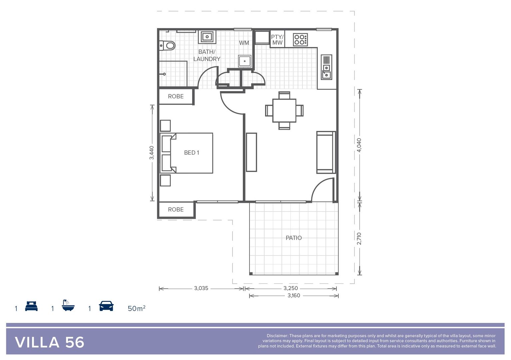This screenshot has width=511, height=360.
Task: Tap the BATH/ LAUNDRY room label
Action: point(207,55)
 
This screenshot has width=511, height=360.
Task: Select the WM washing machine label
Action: point(244,43)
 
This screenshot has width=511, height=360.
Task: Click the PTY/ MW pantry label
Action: point(277,40)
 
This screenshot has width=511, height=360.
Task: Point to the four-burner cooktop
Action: point(300,40)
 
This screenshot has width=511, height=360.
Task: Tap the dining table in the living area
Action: point(284,110)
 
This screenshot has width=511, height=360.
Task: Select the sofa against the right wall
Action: point(326,152)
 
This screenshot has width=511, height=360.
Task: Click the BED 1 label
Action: point(192,153)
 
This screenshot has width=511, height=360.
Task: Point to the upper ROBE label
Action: point(176,96)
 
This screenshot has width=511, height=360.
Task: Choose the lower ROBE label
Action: point(176,209)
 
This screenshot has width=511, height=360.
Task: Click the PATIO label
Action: point(293,238)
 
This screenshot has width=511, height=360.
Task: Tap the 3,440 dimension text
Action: point(152,153)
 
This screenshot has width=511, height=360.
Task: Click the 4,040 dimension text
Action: point(359,145)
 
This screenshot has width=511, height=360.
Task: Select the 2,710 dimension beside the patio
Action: point(359,238)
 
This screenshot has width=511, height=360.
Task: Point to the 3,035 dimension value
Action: point(201,288)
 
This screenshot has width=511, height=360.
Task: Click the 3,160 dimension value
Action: point(294,296)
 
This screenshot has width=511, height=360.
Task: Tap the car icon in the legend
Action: point(106,306)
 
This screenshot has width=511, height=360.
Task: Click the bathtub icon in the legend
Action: point(68,305)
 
